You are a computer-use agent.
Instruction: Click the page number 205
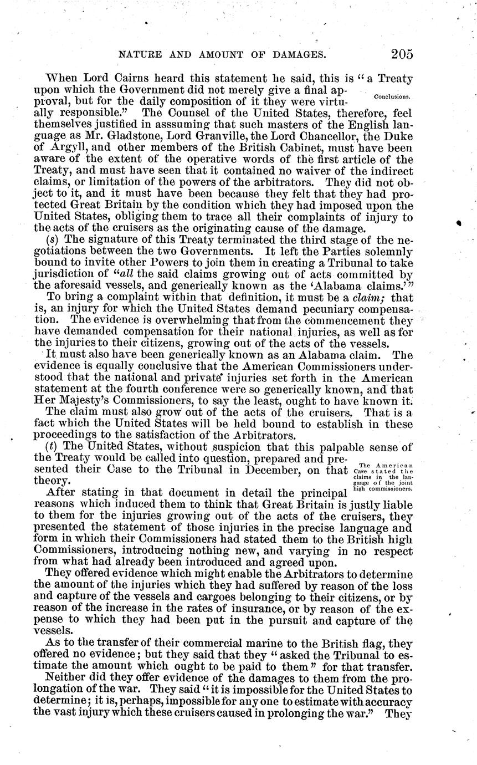[401, 54]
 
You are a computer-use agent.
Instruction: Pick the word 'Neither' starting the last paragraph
[65, 692]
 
